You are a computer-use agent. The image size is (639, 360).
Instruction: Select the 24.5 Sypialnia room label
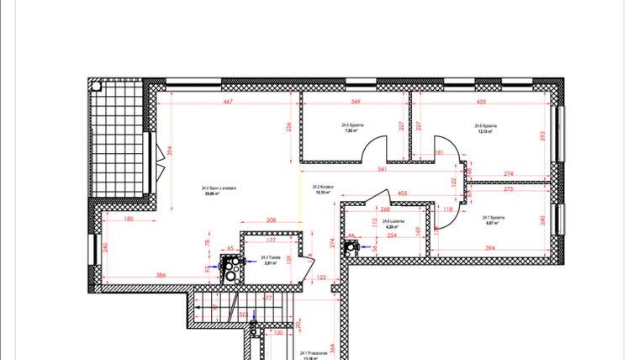tap(352, 127)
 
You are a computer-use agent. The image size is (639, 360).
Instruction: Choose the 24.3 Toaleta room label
tap(270, 260)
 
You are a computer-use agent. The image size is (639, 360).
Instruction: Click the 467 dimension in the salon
tap(227, 102)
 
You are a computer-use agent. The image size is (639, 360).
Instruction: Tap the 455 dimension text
tap(481, 102)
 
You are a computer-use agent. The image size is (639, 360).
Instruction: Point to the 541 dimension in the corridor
tap(383, 170)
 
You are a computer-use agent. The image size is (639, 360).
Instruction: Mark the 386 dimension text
tap(160, 276)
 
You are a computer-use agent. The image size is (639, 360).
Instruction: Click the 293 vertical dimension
tap(543, 135)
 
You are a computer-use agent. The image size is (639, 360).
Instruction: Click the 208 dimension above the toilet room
tap(271, 220)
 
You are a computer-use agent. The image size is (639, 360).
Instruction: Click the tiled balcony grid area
tap(119, 143)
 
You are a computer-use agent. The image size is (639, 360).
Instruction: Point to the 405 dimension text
tap(402, 193)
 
